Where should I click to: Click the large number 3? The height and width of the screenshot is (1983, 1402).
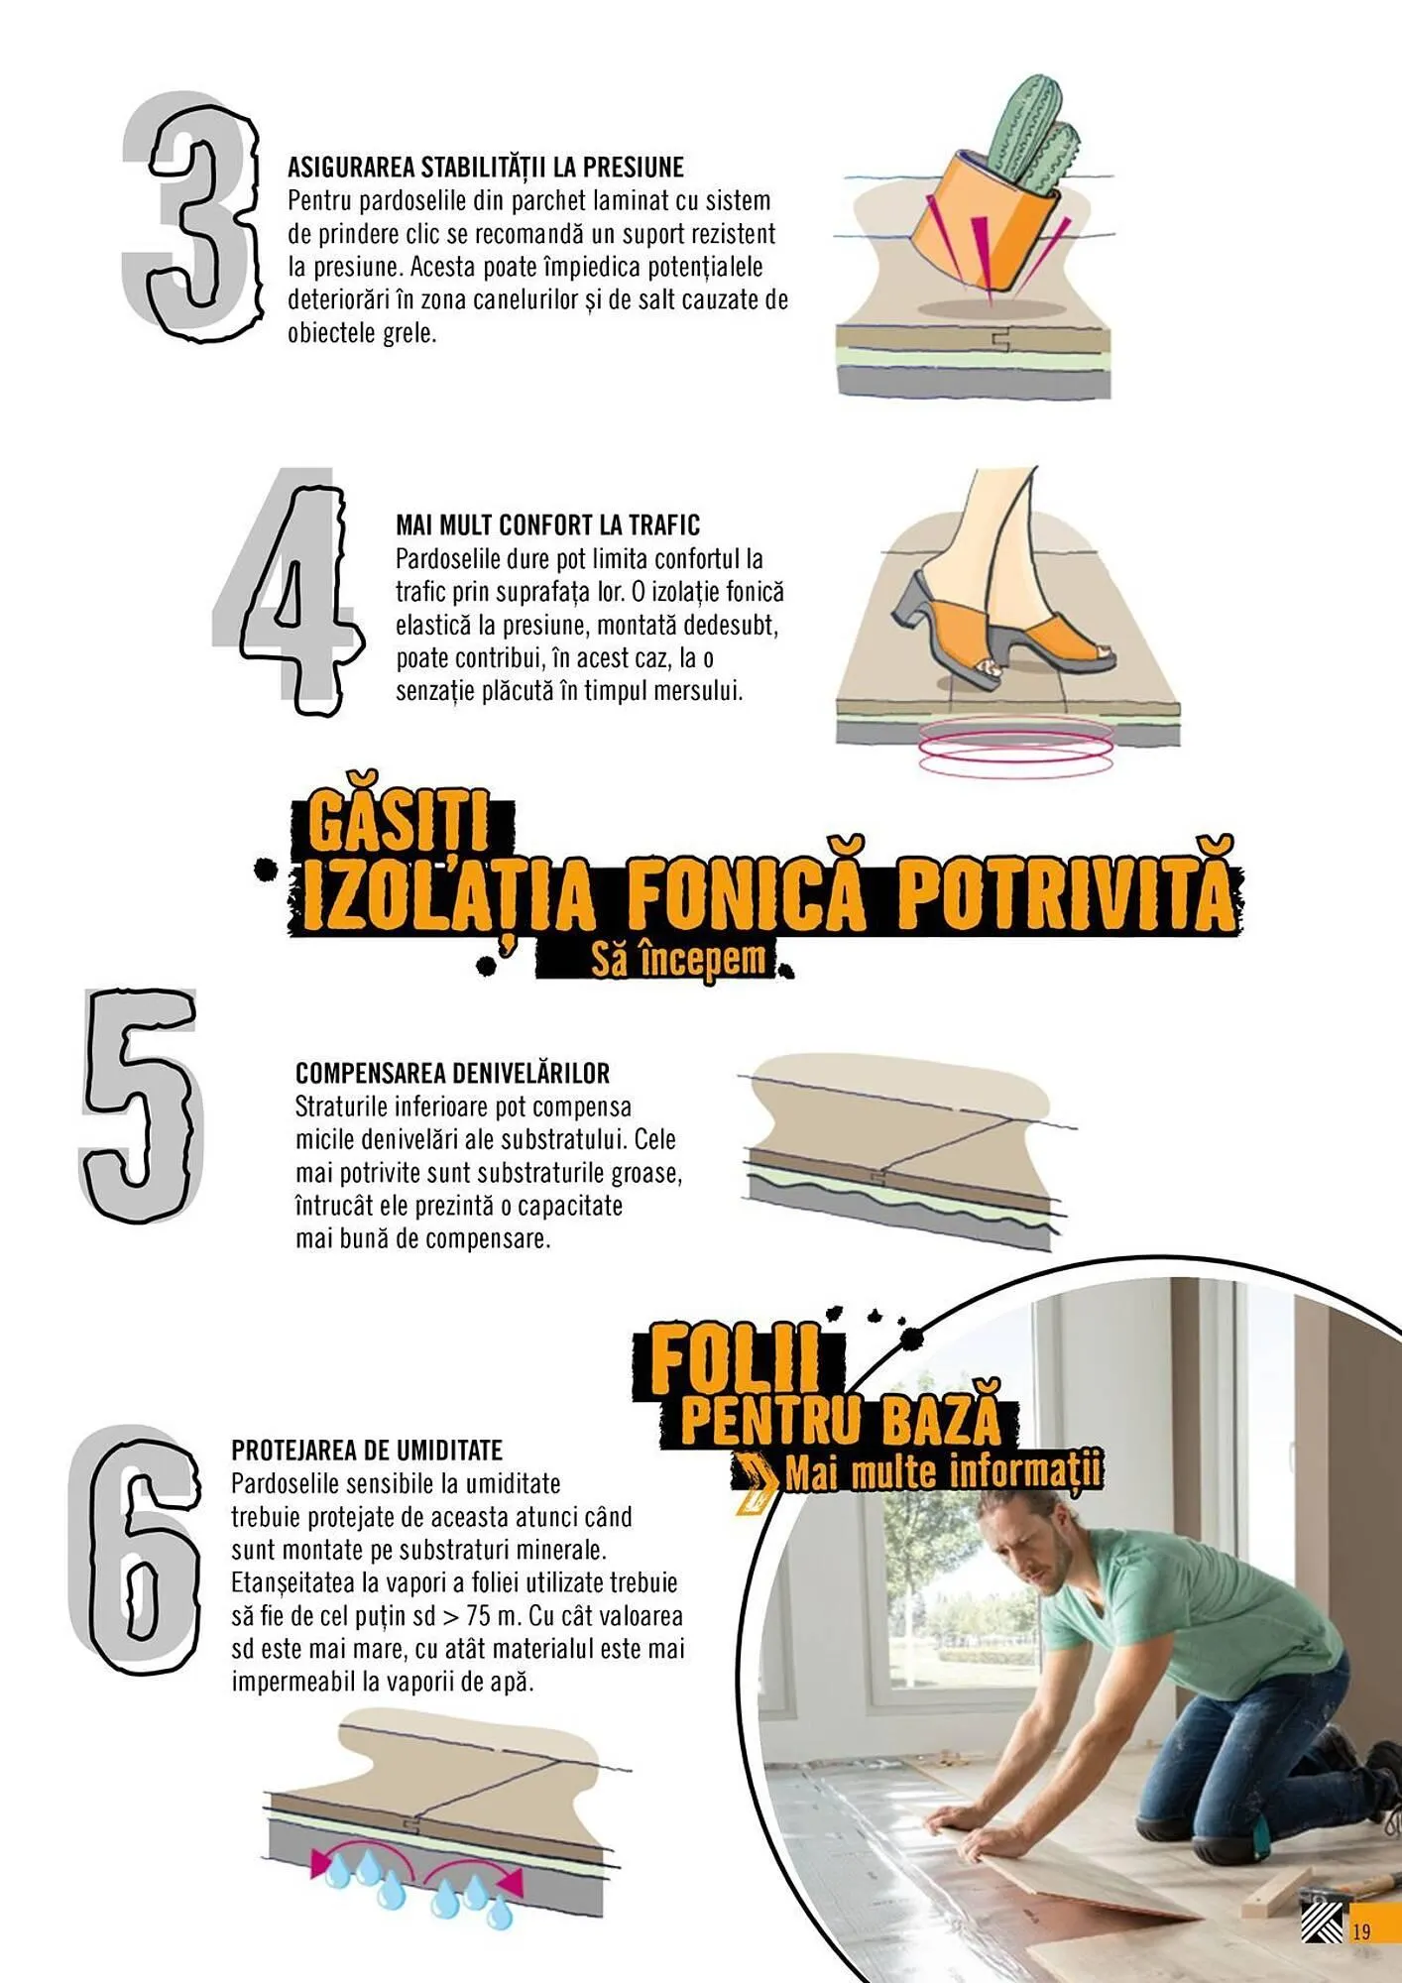[x=198, y=218]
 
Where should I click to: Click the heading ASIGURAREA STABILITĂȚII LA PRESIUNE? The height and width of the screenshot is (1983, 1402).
[x=486, y=167]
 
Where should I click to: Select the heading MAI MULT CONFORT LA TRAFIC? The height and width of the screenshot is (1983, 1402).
[x=547, y=525]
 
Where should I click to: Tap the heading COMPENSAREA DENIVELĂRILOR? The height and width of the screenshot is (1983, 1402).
[x=452, y=1073]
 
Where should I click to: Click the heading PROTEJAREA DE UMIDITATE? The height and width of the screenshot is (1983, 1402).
[x=367, y=1450]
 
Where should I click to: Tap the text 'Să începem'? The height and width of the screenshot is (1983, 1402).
[x=679, y=960]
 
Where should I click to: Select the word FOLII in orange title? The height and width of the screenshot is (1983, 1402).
[x=736, y=1360]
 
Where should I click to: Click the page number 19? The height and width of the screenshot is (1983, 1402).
[x=1361, y=1930]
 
